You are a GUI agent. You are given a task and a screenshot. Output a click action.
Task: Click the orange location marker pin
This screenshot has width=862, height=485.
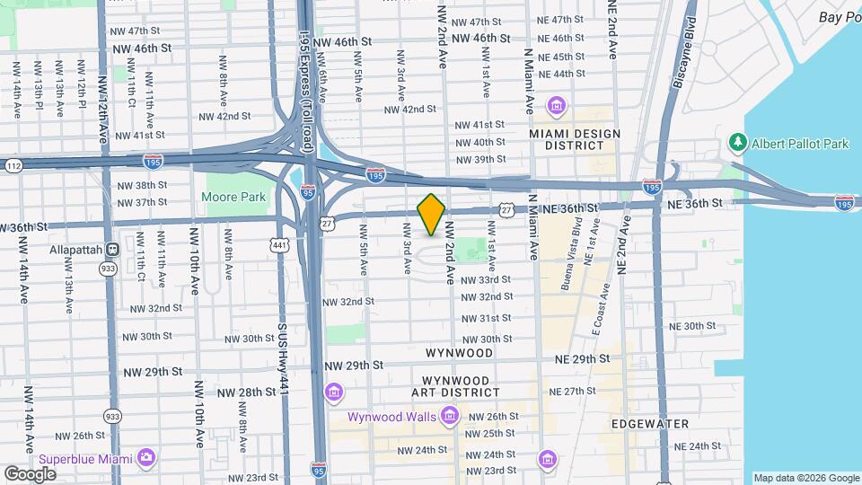[432, 215]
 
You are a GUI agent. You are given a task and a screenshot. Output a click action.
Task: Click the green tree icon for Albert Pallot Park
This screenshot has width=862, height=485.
[738, 143]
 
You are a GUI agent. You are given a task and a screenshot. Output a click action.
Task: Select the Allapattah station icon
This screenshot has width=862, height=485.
[113, 249]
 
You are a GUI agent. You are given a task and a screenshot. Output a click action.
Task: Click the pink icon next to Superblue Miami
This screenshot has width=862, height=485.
[145, 460]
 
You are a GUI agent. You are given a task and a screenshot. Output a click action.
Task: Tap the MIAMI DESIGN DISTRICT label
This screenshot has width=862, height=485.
[575, 139]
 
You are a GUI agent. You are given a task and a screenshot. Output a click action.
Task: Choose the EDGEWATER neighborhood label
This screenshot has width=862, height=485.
[649, 423]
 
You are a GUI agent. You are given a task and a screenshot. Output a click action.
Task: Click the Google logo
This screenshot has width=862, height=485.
[30, 473]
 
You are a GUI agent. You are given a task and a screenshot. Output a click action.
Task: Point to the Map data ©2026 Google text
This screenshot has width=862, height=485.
[805, 478]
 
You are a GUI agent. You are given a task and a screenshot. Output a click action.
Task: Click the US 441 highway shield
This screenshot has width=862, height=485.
[281, 244]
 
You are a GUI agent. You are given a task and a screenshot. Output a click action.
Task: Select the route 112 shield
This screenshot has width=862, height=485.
[13, 165]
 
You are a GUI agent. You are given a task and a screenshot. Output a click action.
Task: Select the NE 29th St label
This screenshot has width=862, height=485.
[582, 358]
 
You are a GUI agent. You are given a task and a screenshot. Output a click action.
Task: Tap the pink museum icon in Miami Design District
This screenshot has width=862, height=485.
[557, 107]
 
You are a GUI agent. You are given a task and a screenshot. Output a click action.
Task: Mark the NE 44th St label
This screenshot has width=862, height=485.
[562, 74]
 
